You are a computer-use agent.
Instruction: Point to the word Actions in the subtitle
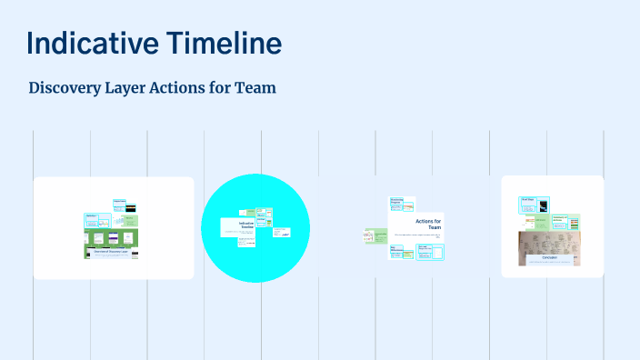click(202, 88)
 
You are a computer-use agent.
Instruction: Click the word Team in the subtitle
click(255, 88)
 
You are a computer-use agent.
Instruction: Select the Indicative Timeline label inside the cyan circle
click(247, 225)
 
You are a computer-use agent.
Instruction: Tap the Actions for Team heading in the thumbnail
click(428, 224)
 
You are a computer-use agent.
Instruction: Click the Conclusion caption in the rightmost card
click(542, 258)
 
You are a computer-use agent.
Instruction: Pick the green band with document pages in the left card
click(110, 236)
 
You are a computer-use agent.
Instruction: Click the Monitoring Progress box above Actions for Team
click(402, 203)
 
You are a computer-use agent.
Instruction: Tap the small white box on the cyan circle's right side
click(281, 234)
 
